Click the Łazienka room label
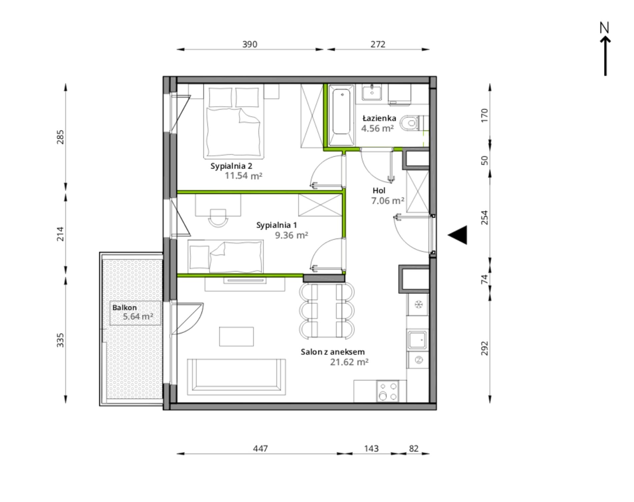[379, 118]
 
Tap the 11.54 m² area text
[243, 176]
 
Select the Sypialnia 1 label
[276, 225]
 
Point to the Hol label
[379, 190]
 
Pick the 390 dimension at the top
[250, 44]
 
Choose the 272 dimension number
[378, 44]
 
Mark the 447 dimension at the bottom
[260, 449]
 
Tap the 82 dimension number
[414, 449]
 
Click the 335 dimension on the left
[60, 340]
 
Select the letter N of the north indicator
[604, 28]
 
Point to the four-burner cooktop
[388, 391]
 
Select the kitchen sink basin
[417, 340]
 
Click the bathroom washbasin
[372, 92]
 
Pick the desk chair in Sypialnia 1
[218, 218]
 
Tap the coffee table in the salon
[236, 337]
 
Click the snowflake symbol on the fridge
[418, 304]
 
